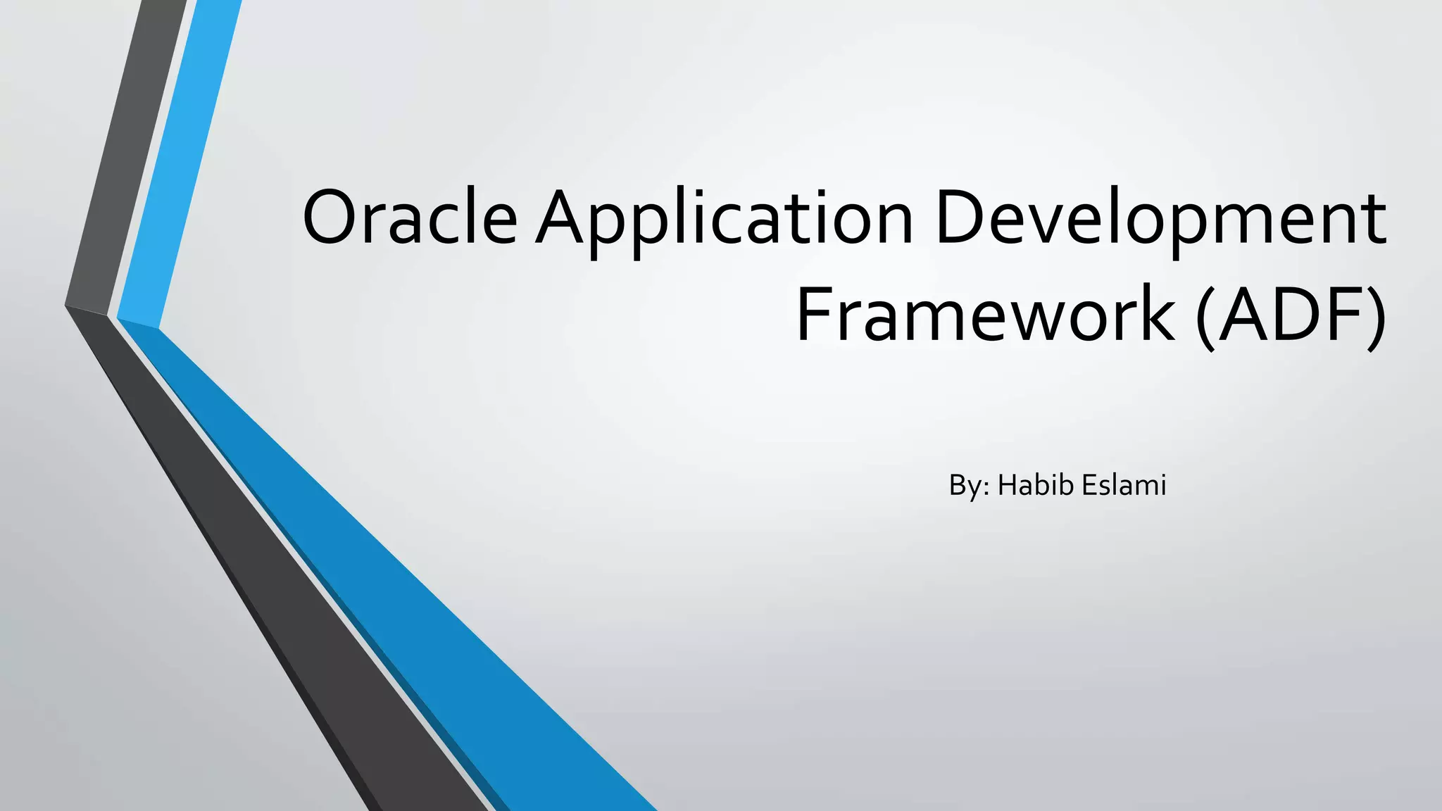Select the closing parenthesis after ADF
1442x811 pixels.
[x=1374, y=315]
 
